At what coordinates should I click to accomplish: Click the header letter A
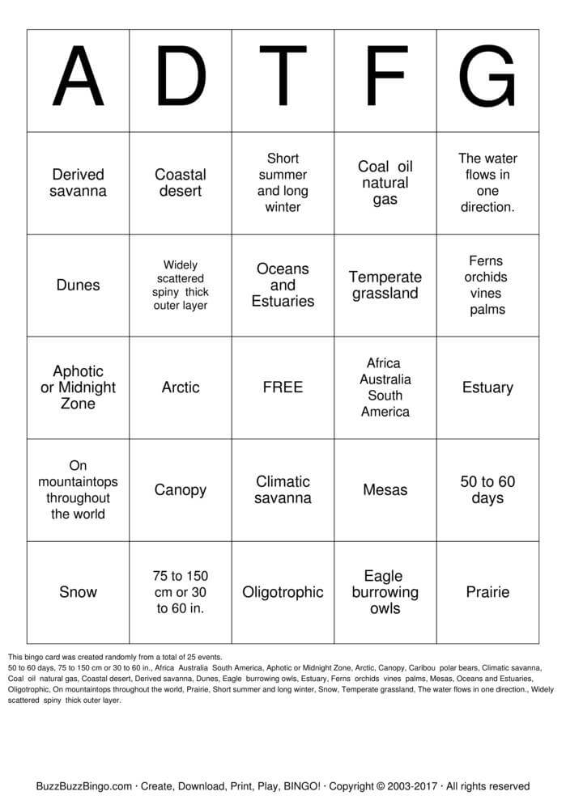point(78,78)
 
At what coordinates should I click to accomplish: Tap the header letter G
point(487,78)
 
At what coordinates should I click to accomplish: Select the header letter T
point(283,78)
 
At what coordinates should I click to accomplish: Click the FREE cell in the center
point(283,387)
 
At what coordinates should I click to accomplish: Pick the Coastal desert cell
point(181,183)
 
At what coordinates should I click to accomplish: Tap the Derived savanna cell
point(78,183)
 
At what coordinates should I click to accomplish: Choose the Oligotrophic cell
point(283,592)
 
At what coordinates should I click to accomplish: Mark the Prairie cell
point(487,592)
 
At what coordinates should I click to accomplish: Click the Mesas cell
point(385,490)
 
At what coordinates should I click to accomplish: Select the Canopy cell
point(181,490)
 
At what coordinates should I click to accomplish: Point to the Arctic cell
point(181,387)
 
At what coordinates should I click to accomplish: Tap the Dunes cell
point(78,285)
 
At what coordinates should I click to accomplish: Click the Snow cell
point(78,592)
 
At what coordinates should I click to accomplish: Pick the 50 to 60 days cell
point(487,490)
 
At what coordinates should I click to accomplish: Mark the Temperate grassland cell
point(385,285)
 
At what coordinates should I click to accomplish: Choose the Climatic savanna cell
point(283,490)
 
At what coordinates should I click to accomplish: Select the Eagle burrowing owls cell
point(385,592)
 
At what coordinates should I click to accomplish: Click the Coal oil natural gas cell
point(385,183)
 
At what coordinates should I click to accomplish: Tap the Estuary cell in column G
point(487,387)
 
